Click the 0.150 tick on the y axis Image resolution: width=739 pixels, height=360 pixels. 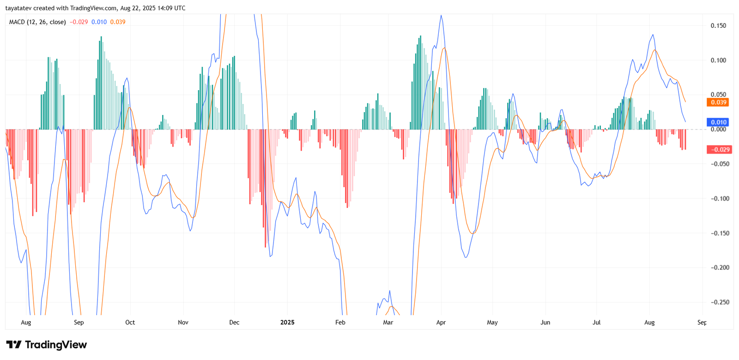click(x=718, y=26)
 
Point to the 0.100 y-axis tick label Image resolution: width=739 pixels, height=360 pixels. click(x=718, y=61)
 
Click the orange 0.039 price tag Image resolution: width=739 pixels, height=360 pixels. click(x=718, y=103)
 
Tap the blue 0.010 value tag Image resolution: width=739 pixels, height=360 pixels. click(x=718, y=122)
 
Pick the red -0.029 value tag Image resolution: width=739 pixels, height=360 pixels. click(x=719, y=150)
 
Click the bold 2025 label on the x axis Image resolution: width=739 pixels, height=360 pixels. click(x=287, y=323)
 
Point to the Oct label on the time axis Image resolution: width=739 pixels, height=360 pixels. click(x=130, y=323)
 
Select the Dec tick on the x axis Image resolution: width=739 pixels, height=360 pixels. click(x=234, y=323)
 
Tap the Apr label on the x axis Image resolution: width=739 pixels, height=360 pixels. click(x=441, y=323)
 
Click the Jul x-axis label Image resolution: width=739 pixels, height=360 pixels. click(x=597, y=323)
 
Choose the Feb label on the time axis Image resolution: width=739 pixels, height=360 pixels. click(x=340, y=323)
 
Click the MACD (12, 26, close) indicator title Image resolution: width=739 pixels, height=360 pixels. click(x=37, y=22)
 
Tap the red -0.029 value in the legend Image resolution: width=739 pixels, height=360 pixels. click(x=79, y=22)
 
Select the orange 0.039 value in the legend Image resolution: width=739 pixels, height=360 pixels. click(x=118, y=22)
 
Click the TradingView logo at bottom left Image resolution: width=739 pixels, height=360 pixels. click(x=47, y=345)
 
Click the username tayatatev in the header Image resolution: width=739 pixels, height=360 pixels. click(x=18, y=8)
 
